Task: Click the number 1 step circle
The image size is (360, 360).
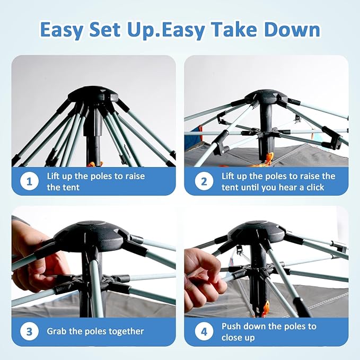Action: tap(29, 181)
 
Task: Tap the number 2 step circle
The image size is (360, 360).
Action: tap(204, 181)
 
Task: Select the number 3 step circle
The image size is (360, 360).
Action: tap(29, 331)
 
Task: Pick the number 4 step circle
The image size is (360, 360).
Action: tap(204, 331)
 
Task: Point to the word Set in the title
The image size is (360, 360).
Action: tap(104, 29)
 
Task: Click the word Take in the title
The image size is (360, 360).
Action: tap(235, 29)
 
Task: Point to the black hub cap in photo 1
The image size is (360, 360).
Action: tap(93, 94)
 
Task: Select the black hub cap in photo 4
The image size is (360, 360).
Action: tap(257, 232)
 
